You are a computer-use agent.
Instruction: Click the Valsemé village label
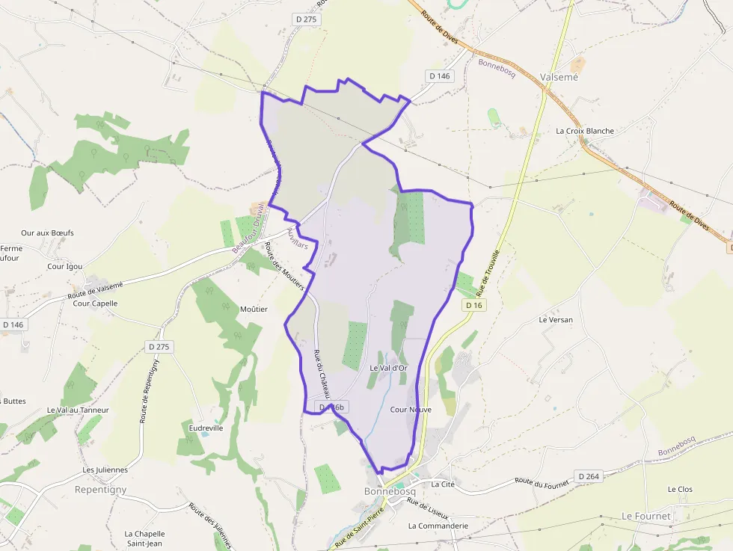coord(559,76)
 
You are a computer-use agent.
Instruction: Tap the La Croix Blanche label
coord(584,131)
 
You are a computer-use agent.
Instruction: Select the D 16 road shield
coord(473,305)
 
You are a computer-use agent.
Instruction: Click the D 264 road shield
coord(589,476)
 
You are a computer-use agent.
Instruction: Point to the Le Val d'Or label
coord(388,368)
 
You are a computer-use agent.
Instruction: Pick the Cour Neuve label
coord(411,410)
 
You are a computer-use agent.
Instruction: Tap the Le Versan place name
coord(556,319)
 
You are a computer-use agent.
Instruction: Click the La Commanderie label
coord(438,526)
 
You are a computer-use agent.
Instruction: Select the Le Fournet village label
coord(646,516)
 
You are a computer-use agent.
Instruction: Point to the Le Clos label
coord(680,490)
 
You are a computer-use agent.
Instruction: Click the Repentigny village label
coord(101,490)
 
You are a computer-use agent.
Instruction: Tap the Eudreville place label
coord(206,428)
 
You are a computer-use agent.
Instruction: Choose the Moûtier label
coord(254,309)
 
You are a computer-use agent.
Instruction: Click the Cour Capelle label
coord(95,304)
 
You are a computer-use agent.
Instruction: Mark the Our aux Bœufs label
coord(47,233)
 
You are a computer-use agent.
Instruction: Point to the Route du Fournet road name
coord(542,483)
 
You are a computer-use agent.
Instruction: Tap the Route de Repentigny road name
coord(150,391)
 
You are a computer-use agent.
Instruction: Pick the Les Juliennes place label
coord(105,470)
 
